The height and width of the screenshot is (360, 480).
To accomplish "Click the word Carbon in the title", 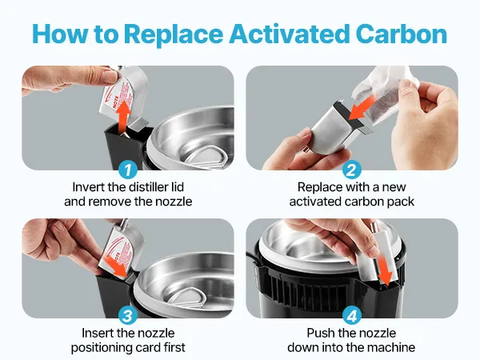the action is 402,34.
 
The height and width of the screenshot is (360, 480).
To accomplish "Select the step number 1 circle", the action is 128,170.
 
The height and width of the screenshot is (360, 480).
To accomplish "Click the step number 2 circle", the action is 352,170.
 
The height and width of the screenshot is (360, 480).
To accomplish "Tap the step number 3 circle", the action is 128,316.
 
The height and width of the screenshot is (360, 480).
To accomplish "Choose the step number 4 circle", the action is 352,316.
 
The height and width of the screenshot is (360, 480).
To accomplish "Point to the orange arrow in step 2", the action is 362,107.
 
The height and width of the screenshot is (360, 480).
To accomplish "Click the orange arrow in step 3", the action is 115,266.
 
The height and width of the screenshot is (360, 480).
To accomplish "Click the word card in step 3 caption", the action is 140,348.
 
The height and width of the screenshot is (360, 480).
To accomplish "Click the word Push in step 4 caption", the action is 320,333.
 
